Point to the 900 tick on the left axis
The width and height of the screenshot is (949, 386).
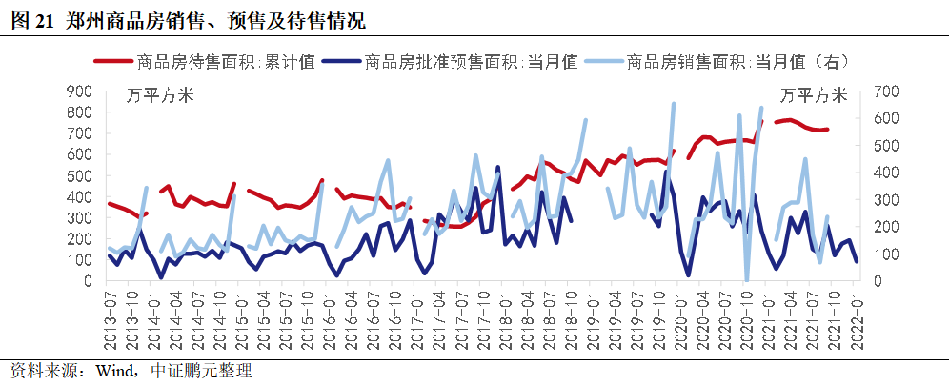coord(79,91)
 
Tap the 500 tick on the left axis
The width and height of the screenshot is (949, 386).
coord(79,176)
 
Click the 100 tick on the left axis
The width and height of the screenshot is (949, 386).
coord(79,260)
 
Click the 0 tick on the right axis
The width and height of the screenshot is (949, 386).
coord(877,281)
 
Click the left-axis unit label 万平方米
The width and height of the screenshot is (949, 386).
coord(161,95)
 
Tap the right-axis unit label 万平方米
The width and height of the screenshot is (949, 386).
coord(813,95)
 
